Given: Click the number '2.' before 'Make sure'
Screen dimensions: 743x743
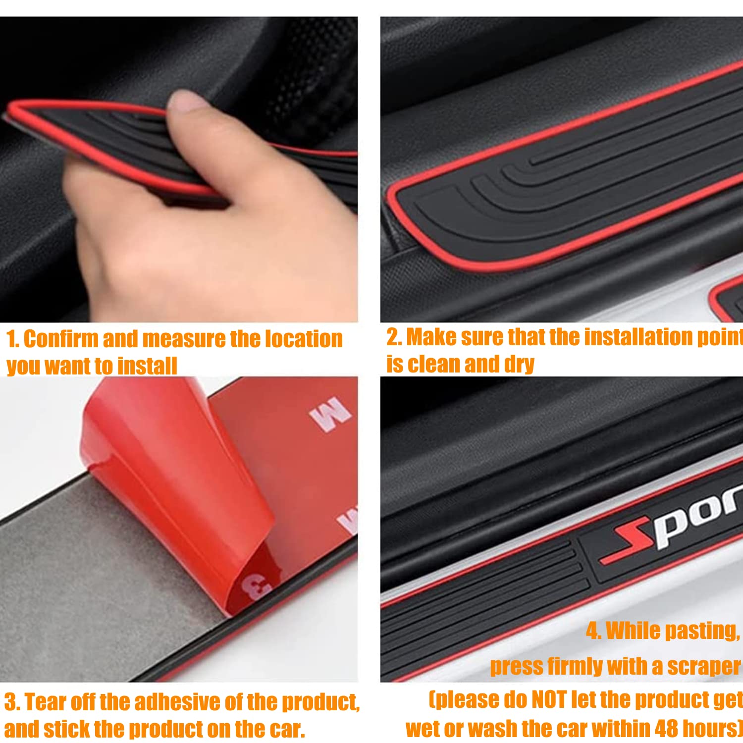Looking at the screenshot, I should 394,337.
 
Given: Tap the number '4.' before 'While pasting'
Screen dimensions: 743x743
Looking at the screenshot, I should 593,631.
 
